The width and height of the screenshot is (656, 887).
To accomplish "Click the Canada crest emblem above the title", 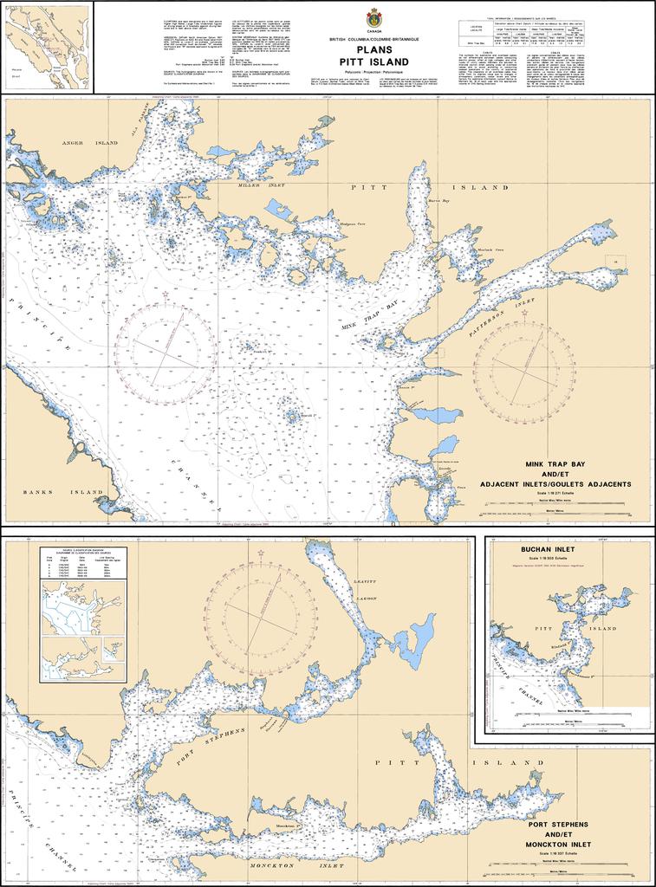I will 373,17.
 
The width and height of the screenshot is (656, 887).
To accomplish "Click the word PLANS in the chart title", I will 373,49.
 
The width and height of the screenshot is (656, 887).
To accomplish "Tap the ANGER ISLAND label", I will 89,142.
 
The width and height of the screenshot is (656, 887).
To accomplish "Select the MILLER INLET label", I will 259,185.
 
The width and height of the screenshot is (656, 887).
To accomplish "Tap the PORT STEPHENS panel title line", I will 557,824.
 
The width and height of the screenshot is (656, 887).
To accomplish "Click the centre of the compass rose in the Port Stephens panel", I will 261,612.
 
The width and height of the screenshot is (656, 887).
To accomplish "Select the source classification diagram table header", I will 83,552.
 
